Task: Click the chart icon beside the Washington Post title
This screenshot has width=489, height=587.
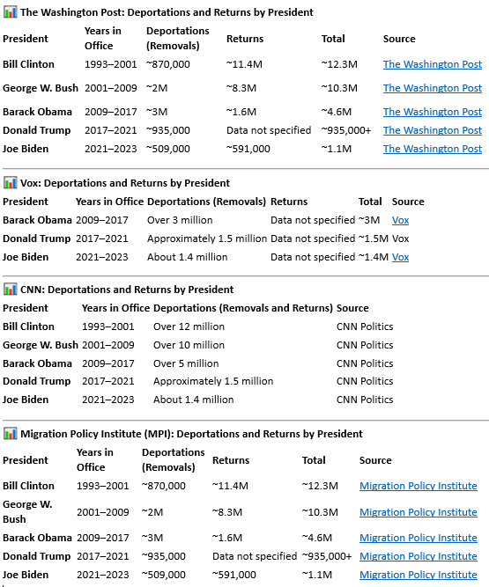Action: [10, 12]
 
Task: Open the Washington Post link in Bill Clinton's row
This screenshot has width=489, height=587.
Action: [432, 64]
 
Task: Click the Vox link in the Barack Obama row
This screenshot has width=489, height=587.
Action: [400, 220]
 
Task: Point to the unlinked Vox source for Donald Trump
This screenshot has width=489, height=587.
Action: [400, 238]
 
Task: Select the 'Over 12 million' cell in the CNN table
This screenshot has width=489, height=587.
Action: [189, 327]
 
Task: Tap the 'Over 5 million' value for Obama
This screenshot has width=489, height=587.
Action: [186, 363]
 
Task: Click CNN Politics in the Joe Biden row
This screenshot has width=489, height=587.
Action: [365, 400]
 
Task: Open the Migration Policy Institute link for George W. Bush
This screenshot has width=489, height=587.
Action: [419, 512]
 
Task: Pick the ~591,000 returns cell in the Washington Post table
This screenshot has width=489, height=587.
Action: [248, 149]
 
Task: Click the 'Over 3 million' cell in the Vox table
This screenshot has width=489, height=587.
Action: [180, 220]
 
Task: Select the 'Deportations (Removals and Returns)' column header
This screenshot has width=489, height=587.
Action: [243, 308]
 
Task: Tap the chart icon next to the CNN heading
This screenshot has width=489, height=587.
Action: [10, 290]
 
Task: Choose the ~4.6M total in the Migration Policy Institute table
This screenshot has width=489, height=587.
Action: [317, 538]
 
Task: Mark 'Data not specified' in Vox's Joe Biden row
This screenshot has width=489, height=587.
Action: [313, 257]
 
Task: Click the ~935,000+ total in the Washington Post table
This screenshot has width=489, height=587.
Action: [346, 130]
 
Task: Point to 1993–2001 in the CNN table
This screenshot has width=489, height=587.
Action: [107, 327]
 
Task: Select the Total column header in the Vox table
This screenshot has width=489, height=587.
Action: [370, 202]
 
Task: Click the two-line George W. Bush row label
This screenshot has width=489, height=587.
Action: [27, 511]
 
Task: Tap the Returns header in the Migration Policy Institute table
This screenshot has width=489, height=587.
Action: [231, 460]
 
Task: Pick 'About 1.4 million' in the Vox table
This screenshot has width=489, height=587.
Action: [188, 257]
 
